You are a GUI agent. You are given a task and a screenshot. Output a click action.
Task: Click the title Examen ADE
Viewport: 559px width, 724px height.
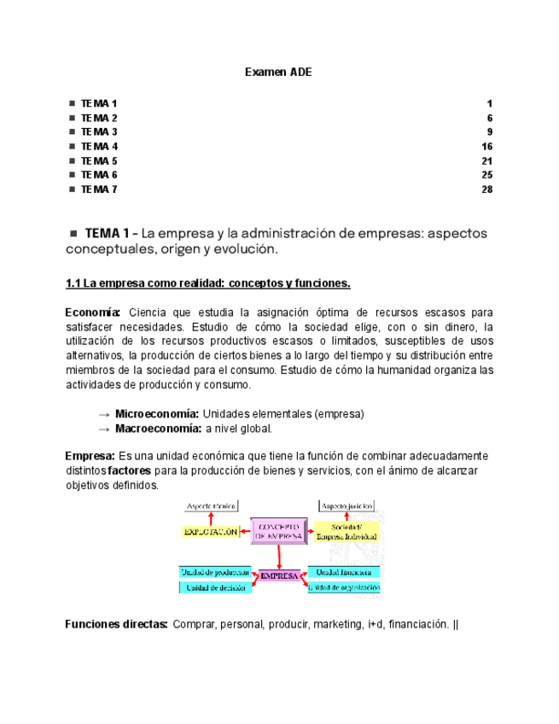pyautogui.click(x=278, y=73)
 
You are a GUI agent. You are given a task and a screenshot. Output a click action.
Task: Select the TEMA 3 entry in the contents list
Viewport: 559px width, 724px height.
pyautogui.click(x=99, y=132)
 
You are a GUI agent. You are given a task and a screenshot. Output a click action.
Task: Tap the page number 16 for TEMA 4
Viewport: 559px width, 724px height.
pyautogui.click(x=487, y=147)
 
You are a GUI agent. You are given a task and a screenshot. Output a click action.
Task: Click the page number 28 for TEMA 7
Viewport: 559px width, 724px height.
pyautogui.click(x=487, y=190)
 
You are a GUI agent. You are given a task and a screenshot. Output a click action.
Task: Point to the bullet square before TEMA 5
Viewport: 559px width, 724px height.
pyautogui.click(x=72, y=161)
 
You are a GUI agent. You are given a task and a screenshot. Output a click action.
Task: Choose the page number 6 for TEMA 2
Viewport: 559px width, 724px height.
pyautogui.click(x=490, y=118)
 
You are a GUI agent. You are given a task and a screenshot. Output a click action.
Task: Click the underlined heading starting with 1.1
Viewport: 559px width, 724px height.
pyautogui.click(x=208, y=283)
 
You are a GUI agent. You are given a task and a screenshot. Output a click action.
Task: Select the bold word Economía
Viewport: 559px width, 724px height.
pyautogui.click(x=93, y=312)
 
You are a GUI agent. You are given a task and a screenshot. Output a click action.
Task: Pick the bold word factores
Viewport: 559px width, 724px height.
pyautogui.click(x=131, y=470)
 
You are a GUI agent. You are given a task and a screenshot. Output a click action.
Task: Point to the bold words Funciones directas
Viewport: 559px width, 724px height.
pyautogui.click(x=116, y=624)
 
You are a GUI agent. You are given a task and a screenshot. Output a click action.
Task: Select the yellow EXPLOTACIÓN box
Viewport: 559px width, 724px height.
pyautogui.click(x=210, y=531)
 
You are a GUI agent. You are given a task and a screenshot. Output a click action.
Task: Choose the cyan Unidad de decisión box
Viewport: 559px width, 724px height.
pyautogui.click(x=214, y=587)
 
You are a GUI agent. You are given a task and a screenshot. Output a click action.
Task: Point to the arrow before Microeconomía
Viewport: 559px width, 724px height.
pyautogui.click(x=104, y=413)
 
